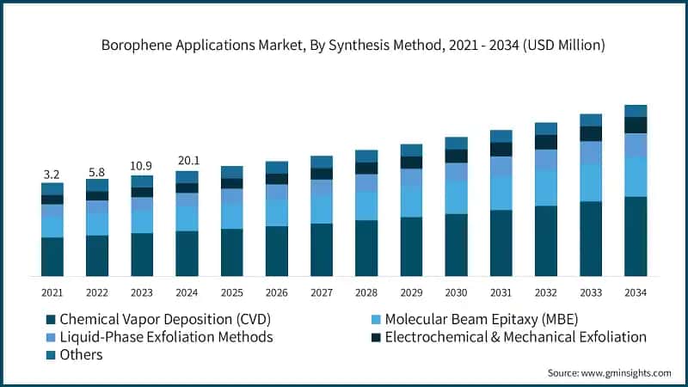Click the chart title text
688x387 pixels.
pos(344,45)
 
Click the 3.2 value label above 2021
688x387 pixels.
pos(52,175)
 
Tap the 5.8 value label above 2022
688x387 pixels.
pos(97,172)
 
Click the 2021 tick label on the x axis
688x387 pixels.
pos(52,292)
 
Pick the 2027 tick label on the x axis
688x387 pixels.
pos(322,292)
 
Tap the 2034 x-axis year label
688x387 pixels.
pos(636,292)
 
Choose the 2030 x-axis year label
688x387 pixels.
pos(456,292)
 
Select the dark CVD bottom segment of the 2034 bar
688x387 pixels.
pos(636,236)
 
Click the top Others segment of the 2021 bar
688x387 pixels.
pos(52,188)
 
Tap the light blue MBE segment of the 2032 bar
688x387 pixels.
pos(546,187)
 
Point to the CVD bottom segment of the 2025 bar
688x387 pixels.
pos(232,252)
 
